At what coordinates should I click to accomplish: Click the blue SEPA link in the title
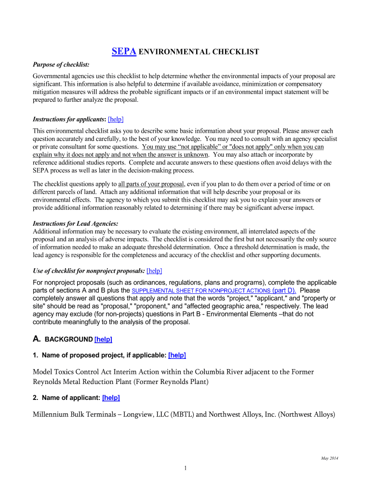click(124, 52)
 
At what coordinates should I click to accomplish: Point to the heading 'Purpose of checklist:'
click(61, 65)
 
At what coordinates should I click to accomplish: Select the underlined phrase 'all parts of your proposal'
click(151, 184)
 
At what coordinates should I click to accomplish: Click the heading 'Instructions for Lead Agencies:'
click(75, 224)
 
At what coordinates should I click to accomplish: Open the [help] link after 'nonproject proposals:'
click(157, 271)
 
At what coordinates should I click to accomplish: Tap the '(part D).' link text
click(285, 290)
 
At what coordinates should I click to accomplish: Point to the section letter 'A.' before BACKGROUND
click(37, 339)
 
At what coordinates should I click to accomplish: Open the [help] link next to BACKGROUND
click(103, 339)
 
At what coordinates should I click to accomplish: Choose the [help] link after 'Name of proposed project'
click(177, 355)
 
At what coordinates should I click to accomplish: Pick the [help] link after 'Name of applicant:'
click(111, 398)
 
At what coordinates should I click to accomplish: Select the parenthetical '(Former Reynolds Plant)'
click(171, 382)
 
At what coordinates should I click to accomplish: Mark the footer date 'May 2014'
click(330, 458)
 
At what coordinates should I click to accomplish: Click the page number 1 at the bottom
click(185, 468)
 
